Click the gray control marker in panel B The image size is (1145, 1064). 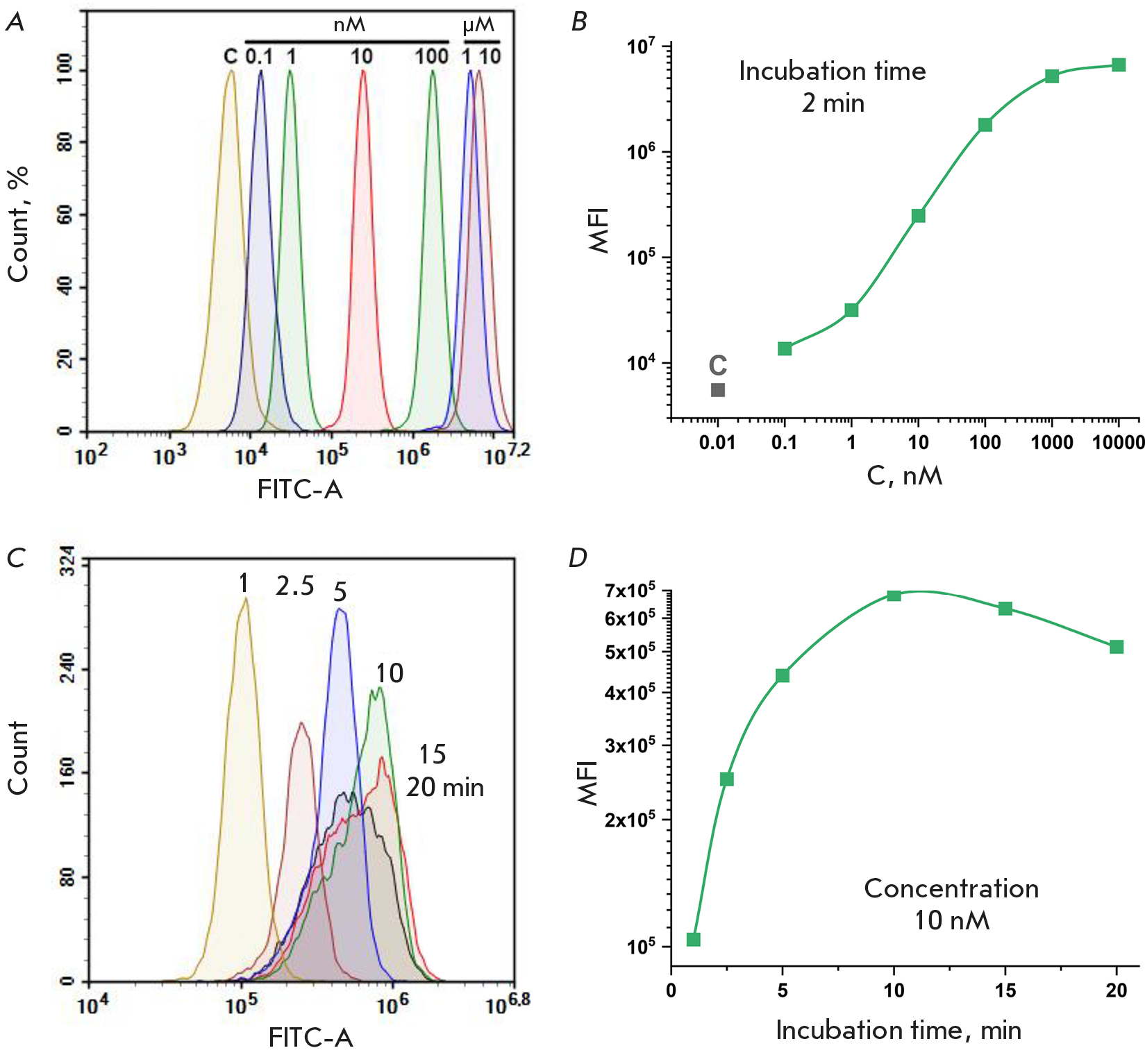pos(718,390)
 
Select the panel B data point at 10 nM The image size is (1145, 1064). pos(918,216)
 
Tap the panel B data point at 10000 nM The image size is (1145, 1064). pos(1119,65)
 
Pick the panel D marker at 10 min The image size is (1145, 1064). pos(894,596)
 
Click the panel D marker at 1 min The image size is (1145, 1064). pos(693,940)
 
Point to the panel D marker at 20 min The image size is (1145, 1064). pos(1117,647)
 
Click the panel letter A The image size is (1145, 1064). pos(15,23)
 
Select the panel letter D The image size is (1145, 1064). pos(578,558)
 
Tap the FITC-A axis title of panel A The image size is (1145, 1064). pos(300,490)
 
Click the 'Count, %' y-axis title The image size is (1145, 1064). pos(19,223)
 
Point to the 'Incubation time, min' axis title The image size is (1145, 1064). pos(899,1031)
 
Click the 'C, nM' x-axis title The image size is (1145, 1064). pos(905,476)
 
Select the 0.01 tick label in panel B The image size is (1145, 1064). pos(717,443)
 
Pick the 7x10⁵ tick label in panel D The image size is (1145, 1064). pos(630,591)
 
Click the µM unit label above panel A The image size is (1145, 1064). pos(478,26)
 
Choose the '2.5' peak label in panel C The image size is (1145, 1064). pos(294,586)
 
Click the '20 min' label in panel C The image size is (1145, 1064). pos(445,788)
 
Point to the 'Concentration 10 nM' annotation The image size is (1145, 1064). pos(951,904)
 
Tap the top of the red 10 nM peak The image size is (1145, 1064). pos(362,72)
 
